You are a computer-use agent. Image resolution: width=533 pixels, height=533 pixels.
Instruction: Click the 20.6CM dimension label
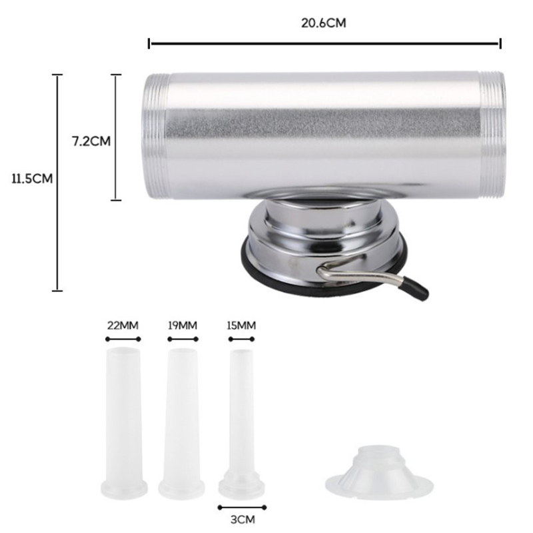pyautogui.click(x=323, y=23)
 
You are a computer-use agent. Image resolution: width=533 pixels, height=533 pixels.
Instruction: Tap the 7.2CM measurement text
pyautogui.click(x=91, y=141)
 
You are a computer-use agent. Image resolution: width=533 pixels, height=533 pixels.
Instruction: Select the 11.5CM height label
pyautogui.click(x=32, y=179)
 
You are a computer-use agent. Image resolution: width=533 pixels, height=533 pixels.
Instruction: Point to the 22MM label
pyautogui.click(x=123, y=326)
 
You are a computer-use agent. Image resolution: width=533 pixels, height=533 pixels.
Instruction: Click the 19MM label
pyautogui.click(x=183, y=326)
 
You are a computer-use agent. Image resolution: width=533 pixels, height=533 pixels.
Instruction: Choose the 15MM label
pyautogui.click(x=241, y=326)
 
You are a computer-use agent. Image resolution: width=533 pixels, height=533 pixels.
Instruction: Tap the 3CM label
pyautogui.click(x=243, y=520)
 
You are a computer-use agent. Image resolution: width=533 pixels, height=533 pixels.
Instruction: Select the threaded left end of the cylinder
pyautogui.click(x=156, y=136)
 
